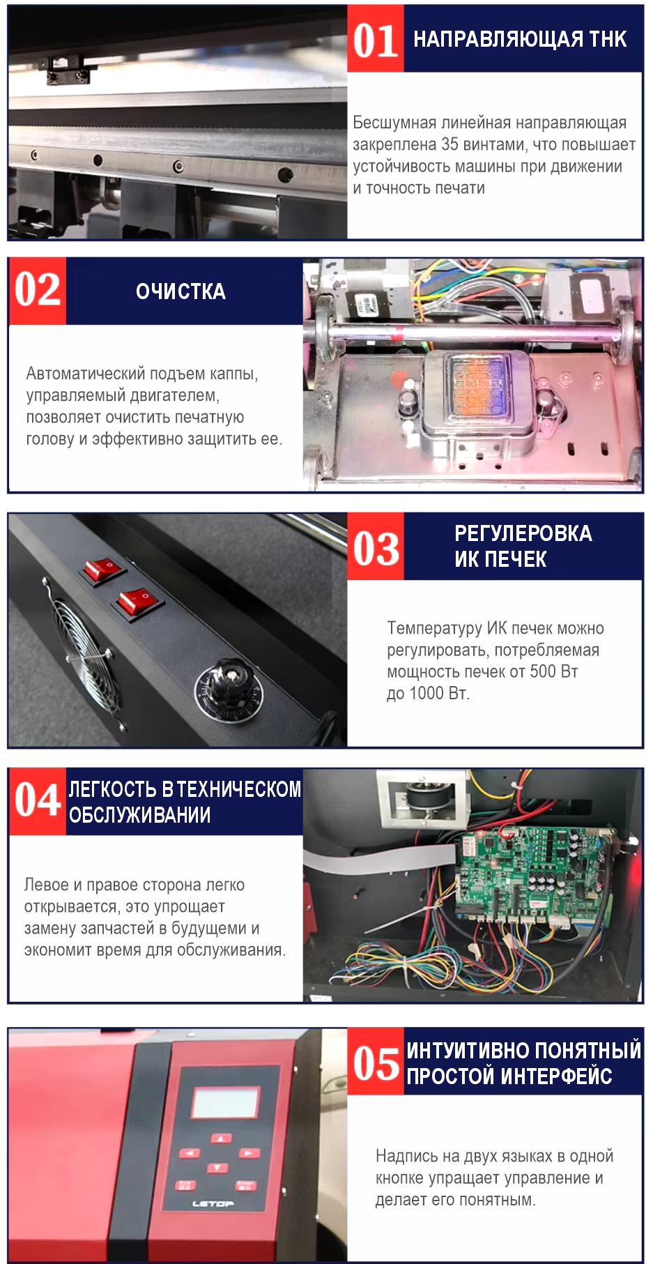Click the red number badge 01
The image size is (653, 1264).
click(376, 39)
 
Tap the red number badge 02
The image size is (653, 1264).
click(38, 291)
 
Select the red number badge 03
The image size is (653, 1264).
click(376, 547)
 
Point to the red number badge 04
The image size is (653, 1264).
click(38, 802)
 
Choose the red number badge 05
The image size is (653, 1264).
click(376, 1062)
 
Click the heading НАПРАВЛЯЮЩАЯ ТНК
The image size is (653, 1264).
click(520, 39)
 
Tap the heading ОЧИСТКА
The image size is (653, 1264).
click(180, 291)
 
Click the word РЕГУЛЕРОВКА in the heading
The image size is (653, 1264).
click(523, 534)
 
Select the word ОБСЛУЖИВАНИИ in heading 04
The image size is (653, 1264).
click(139, 815)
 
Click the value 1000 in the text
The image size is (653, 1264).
click(427, 694)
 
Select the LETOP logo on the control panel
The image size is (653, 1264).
click(213, 1204)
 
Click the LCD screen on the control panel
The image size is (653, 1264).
click(225, 1103)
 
